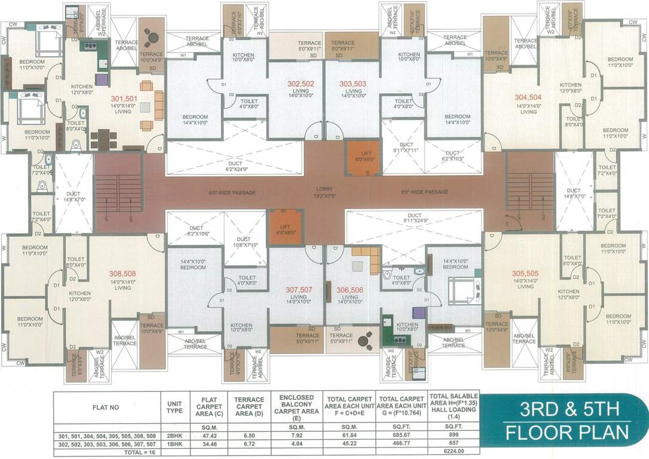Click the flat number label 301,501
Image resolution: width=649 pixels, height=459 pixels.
click(x=124, y=99)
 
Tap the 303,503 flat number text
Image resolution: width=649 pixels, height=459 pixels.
click(x=352, y=84)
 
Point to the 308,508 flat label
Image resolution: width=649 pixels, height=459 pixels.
click(x=122, y=274)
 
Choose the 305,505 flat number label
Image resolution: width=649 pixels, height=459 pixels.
click(x=525, y=274)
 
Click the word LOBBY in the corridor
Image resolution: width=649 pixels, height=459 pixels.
click(x=324, y=189)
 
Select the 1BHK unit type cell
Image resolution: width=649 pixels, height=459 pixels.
click(x=174, y=443)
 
